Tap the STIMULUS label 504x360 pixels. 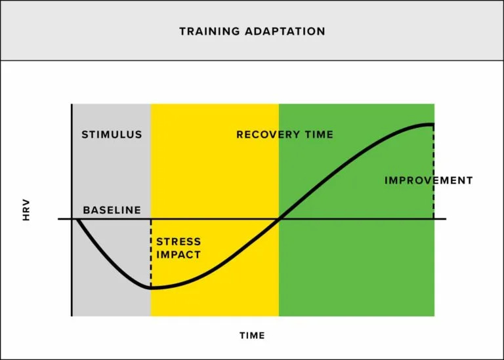tap(112, 134)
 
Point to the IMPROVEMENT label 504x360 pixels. tap(429, 180)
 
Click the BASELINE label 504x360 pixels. tap(112, 210)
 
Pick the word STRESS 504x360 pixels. tap(178, 242)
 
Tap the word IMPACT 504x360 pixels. tap(178, 254)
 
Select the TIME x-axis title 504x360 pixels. tap(252, 335)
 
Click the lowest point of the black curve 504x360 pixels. tap(152, 287)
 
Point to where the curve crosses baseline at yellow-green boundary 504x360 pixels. tap(279, 219)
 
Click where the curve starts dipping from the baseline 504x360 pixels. tap(77, 220)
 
